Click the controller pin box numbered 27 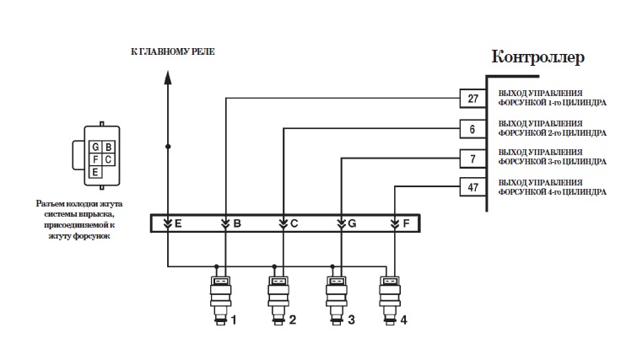(472, 99)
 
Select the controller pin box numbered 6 (472, 129)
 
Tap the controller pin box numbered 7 (472, 158)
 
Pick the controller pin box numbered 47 (472, 187)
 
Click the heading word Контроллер (537, 57)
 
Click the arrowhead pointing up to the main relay (168, 77)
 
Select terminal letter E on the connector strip (178, 223)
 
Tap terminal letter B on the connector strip (237, 223)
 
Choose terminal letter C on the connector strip (294, 223)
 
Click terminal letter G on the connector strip (352, 223)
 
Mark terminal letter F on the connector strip (407, 223)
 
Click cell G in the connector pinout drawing (96, 147)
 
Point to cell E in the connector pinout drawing (96, 171)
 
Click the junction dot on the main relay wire (168, 147)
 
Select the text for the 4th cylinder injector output (553, 187)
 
